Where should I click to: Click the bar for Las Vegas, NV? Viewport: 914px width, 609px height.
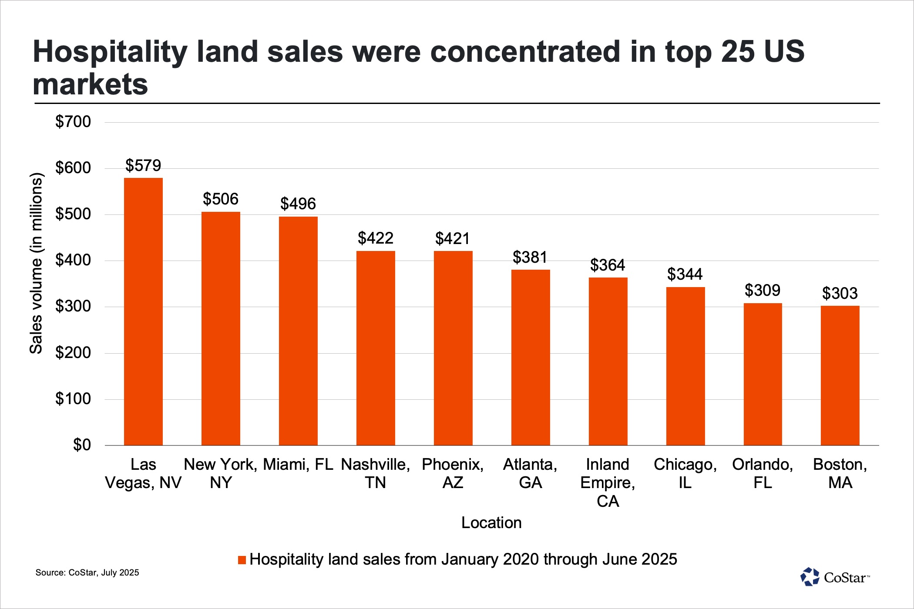(143, 311)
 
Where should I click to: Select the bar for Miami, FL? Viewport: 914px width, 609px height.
(298, 331)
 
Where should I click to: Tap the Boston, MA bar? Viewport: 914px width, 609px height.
(840, 375)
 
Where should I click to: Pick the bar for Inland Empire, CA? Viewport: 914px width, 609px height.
(608, 361)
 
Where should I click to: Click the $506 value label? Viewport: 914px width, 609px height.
(221, 199)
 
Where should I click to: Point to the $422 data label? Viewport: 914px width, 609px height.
(376, 238)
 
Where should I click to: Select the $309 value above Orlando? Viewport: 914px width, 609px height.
(763, 290)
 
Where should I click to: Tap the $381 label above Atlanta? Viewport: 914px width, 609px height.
(530, 258)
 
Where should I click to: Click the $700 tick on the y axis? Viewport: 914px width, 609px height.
(73, 122)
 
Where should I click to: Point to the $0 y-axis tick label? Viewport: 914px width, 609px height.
(82, 445)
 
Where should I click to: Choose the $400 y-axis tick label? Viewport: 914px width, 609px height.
(73, 260)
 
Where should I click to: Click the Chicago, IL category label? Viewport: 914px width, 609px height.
(685, 473)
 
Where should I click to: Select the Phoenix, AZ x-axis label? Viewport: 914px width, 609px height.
(453, 473)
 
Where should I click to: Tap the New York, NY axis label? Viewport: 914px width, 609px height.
(221, 473)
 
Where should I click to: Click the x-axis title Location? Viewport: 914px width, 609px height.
(491, 522)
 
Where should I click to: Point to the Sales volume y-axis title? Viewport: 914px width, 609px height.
(36, 263)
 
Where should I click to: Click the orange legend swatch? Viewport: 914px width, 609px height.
(242, 560)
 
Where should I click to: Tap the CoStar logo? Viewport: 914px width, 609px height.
(834, 577)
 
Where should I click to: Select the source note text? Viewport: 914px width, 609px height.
(87, 572)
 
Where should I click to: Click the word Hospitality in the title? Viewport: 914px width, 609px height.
(110, 52)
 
